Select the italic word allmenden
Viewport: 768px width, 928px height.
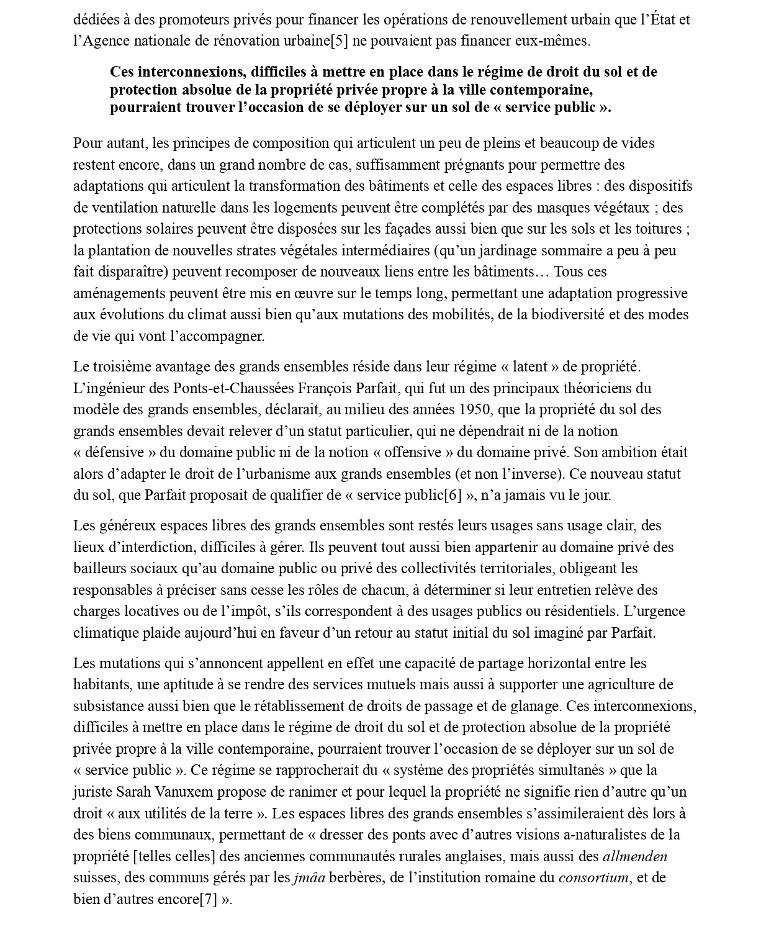(x=635, y=856)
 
